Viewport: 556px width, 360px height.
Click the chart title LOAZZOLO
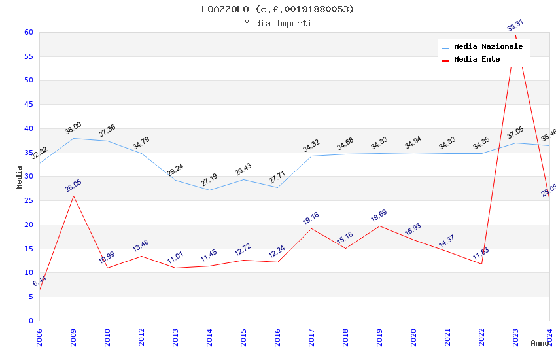[277, 9]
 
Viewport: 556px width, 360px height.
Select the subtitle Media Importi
[277, 23]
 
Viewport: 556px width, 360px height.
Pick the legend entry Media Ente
[477, 59]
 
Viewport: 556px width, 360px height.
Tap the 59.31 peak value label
[515, 26]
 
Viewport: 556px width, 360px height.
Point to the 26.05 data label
[73, 185]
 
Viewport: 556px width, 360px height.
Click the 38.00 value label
[73, 128]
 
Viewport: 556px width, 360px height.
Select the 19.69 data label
[379, 216]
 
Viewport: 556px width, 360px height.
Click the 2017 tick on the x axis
[312, 336]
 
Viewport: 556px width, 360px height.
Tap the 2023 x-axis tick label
[515, 336]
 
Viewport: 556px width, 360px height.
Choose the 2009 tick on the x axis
[73, 336]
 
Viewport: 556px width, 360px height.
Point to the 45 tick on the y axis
[29, 105]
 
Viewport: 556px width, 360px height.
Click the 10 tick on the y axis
[29, 273]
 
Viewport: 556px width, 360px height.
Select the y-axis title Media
[20, 177]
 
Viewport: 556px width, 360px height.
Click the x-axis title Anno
[540, 343]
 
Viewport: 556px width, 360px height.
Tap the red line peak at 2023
[515, 36]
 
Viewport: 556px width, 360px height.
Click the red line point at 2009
[73, 196]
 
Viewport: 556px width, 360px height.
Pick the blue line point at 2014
[209, 190]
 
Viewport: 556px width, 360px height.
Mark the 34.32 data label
[311, 146]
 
